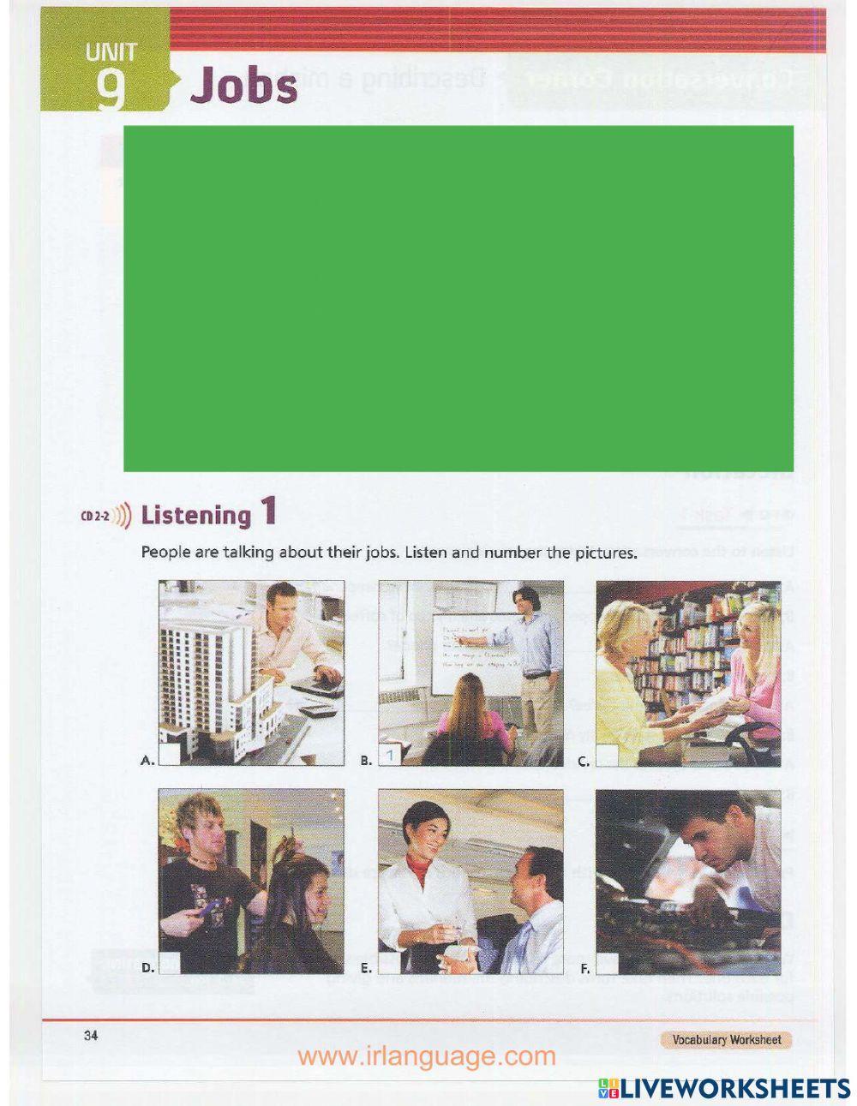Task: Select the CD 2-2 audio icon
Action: pyautogui.click(x=107, y=516)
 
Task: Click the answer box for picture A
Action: pyautogui.click(x=170, y=755)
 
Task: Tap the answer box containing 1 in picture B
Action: pyautogui.click(x=389, y=755)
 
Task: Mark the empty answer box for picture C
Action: pyautogui.click(x=607, y=755)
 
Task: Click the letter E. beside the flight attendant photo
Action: pyautogui.click(x=366, y=969)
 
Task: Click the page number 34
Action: pyautogui.click(x=91, y=1036)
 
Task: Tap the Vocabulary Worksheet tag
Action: pyautogui.click(x=726, y=1040)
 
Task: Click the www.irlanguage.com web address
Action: pyautogui.click(x=427, y=1056)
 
